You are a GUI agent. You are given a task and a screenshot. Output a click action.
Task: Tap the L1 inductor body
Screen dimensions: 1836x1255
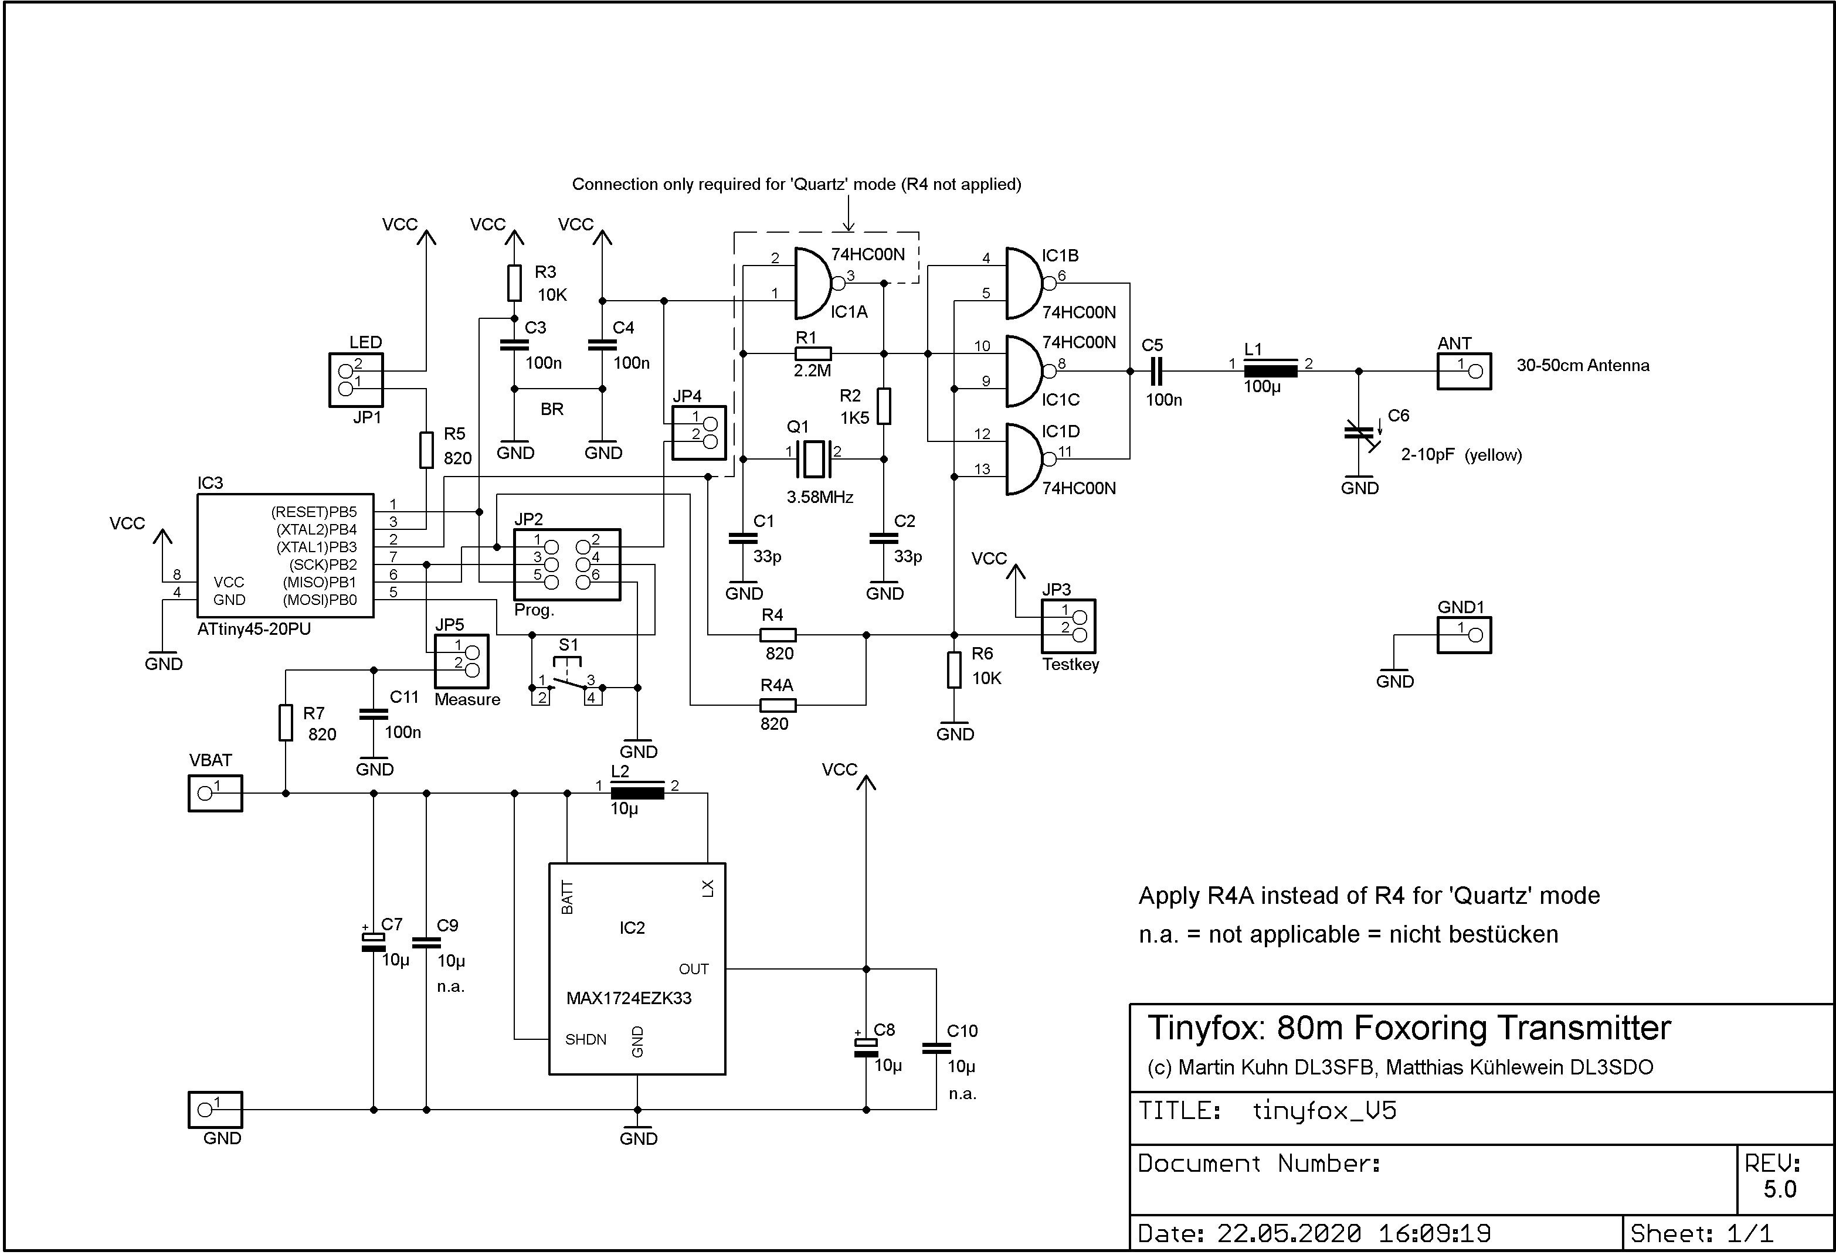(x=1270, y=370)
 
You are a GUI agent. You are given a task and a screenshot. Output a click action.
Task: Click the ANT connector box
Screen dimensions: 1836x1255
(x=1464, y=371)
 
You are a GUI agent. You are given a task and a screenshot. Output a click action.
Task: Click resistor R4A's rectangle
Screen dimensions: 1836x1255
(x=778, y=705)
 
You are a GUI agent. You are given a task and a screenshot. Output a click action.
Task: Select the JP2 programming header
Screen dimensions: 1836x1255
(x=567, y=564)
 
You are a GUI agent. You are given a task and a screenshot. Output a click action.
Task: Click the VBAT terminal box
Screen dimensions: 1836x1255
(x=215, y=793)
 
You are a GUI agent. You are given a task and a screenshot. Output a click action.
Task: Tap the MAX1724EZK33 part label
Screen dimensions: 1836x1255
(x=629, y=998)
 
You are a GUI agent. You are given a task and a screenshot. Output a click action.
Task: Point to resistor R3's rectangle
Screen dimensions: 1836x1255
(x=514, y=283)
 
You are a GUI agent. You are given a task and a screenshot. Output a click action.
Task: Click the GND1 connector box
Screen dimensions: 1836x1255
(x=1464, y=635)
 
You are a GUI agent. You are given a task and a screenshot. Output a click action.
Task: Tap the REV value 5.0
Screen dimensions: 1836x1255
(x=1780, y=1189)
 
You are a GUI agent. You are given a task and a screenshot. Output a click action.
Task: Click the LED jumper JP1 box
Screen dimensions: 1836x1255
(x=357, y=380)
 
